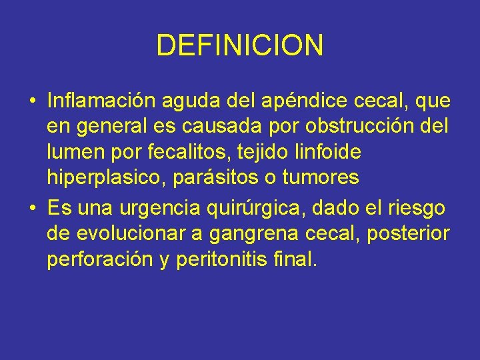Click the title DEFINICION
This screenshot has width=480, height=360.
point(240,45)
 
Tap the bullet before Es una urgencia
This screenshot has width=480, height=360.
point(32,209)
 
